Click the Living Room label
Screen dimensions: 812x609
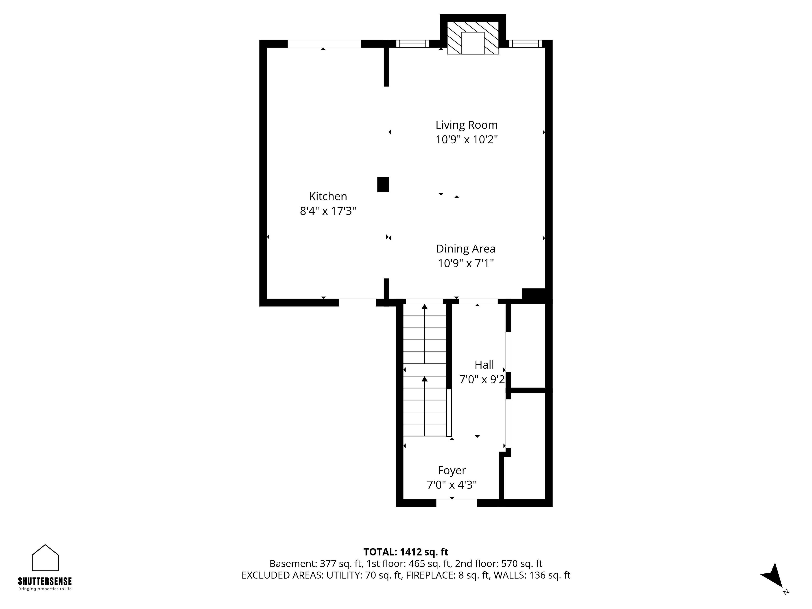(466, 125)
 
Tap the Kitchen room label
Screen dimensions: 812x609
(328, 196)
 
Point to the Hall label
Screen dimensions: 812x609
(484, 365)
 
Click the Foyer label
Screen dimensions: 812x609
(452, 471)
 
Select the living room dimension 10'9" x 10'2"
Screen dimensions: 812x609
(466, 140)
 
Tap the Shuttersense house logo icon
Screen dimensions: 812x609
(45, 558)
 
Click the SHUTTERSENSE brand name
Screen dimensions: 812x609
(45, 581)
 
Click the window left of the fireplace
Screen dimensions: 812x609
(413, 44)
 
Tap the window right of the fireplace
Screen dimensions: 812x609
(525, 44)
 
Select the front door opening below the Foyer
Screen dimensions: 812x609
(457, 503)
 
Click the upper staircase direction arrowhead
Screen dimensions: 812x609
(425, 307)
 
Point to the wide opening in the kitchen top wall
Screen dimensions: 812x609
(324, 44)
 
